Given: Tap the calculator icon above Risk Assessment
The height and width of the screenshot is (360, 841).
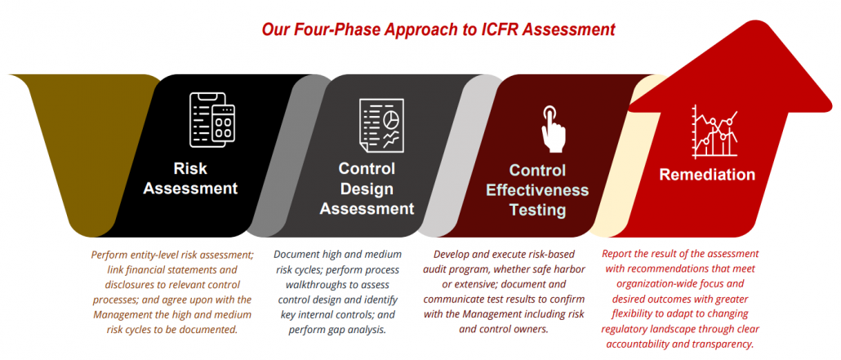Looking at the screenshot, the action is click(x=212, y=120).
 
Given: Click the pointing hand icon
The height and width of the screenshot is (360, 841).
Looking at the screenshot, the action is click(x=553, y=129).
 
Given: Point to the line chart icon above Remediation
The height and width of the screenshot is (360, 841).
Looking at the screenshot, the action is click(x=715, y=131).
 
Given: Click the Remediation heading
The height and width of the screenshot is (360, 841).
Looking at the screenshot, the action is click(x=707, y=175).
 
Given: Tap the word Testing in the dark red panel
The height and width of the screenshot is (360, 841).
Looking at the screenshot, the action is click(x=537, y=210).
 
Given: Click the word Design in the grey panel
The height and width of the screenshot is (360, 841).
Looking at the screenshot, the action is click(x=367, y=189).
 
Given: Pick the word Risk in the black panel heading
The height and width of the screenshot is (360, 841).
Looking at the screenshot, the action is click(x=190, y=168).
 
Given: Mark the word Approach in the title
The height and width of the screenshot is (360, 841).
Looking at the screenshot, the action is click(x=415, y=29).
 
